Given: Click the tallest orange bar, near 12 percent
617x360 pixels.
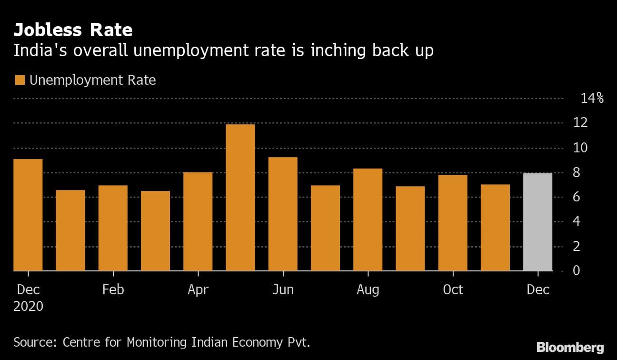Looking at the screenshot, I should [240, 198].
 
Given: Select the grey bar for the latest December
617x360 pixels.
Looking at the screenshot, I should [537, 222].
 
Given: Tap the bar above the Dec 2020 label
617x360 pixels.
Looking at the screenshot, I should [28, 215].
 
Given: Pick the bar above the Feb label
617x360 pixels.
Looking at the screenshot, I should [113, 228].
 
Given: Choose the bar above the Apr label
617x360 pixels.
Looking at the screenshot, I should [198, 221].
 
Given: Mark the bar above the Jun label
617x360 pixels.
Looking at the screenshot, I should [283, 214].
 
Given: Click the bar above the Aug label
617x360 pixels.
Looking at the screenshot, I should [368, 220].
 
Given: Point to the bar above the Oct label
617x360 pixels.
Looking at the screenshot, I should [453, 223].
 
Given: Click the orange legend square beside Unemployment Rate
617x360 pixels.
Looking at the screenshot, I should [20, 80].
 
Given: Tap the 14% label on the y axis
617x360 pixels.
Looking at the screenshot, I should [592, 99].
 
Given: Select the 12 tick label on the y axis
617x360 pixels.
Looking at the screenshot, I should [590, 123].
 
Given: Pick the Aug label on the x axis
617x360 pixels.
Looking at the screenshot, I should [368, 290].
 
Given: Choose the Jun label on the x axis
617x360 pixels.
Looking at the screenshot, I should [283, 290].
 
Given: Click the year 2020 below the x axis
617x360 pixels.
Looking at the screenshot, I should [28, 306].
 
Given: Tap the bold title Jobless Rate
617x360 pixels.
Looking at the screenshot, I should [73, 30].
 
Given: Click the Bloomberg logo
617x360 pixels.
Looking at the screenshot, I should [570, 347].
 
